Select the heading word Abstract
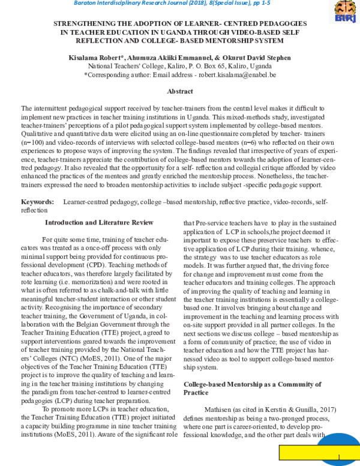(179, 91)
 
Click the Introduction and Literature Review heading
(99, 222)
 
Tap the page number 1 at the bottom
(339, 457)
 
